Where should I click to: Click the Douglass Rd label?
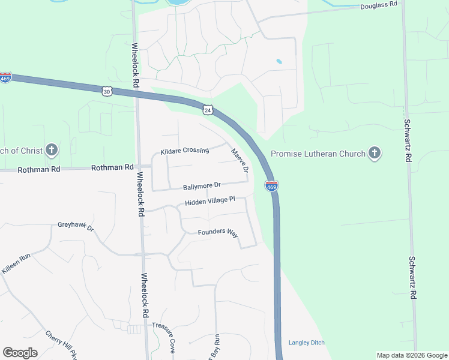(379, 5)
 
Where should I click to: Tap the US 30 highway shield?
(106, 91)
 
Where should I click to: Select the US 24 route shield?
(208, 110)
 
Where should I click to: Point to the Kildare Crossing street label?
(185, 151)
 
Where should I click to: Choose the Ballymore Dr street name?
(202, 186)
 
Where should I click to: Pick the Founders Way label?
(218, 232)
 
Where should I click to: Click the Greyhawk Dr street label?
(76, 227)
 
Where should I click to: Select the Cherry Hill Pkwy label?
(62, 344)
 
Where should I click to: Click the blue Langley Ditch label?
(307, 343)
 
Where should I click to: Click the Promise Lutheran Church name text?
(318, 154)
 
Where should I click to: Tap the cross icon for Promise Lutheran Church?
(375, 154)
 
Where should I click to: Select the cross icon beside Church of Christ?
(52, 150)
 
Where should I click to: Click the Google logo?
(20, 353)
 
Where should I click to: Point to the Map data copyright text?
(411, 355)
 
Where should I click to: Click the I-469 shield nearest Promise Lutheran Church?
(271, 187)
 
